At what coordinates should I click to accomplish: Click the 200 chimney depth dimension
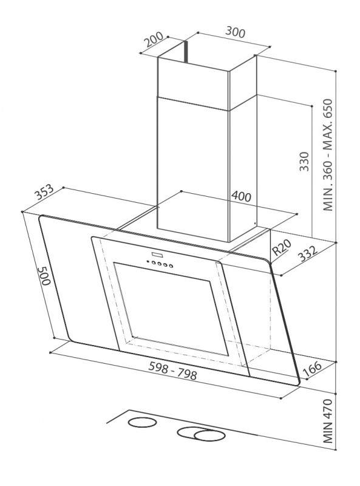(x=154, y=39)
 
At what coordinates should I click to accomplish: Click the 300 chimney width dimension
(x=235, y=32)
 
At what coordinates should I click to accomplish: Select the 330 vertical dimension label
(x=304, y=162)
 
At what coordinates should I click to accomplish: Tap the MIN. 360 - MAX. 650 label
(x=327, y=155)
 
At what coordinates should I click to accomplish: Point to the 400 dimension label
(x=242, y=196)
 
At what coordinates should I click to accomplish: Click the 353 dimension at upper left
(x=44, y=193)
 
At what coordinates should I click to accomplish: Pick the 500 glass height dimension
(x=44, y=276)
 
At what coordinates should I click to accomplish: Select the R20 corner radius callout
(x=281, y=248)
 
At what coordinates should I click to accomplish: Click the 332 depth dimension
(x=308, y=254)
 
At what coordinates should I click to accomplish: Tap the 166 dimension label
(x=312, y=369)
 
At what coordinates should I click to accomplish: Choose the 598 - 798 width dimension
(x=172, y=371)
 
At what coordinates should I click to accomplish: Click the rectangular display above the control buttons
(x=157, y=255)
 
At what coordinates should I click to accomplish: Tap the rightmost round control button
(x=171, y=265)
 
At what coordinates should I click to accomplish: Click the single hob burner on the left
(x=142, y=422)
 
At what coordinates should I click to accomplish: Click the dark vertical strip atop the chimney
(x=186, y=52)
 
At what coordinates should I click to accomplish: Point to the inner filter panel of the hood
(x=171, y=309)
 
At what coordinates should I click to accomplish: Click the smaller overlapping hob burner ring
(x=209, y=435)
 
